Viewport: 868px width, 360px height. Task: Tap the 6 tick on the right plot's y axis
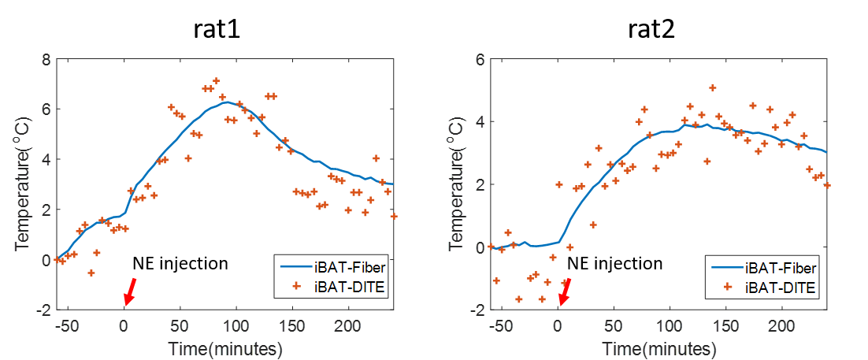(479, 59)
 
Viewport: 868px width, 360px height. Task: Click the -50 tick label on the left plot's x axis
(68, 326)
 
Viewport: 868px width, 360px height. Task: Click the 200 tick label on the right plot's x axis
(781, 326)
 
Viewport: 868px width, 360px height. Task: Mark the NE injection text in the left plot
(180, 263)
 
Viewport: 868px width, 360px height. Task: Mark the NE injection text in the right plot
(615, 263)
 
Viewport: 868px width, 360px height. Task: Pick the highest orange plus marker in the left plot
(216, 80)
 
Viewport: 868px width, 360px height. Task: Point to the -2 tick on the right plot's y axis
(477, 310)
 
